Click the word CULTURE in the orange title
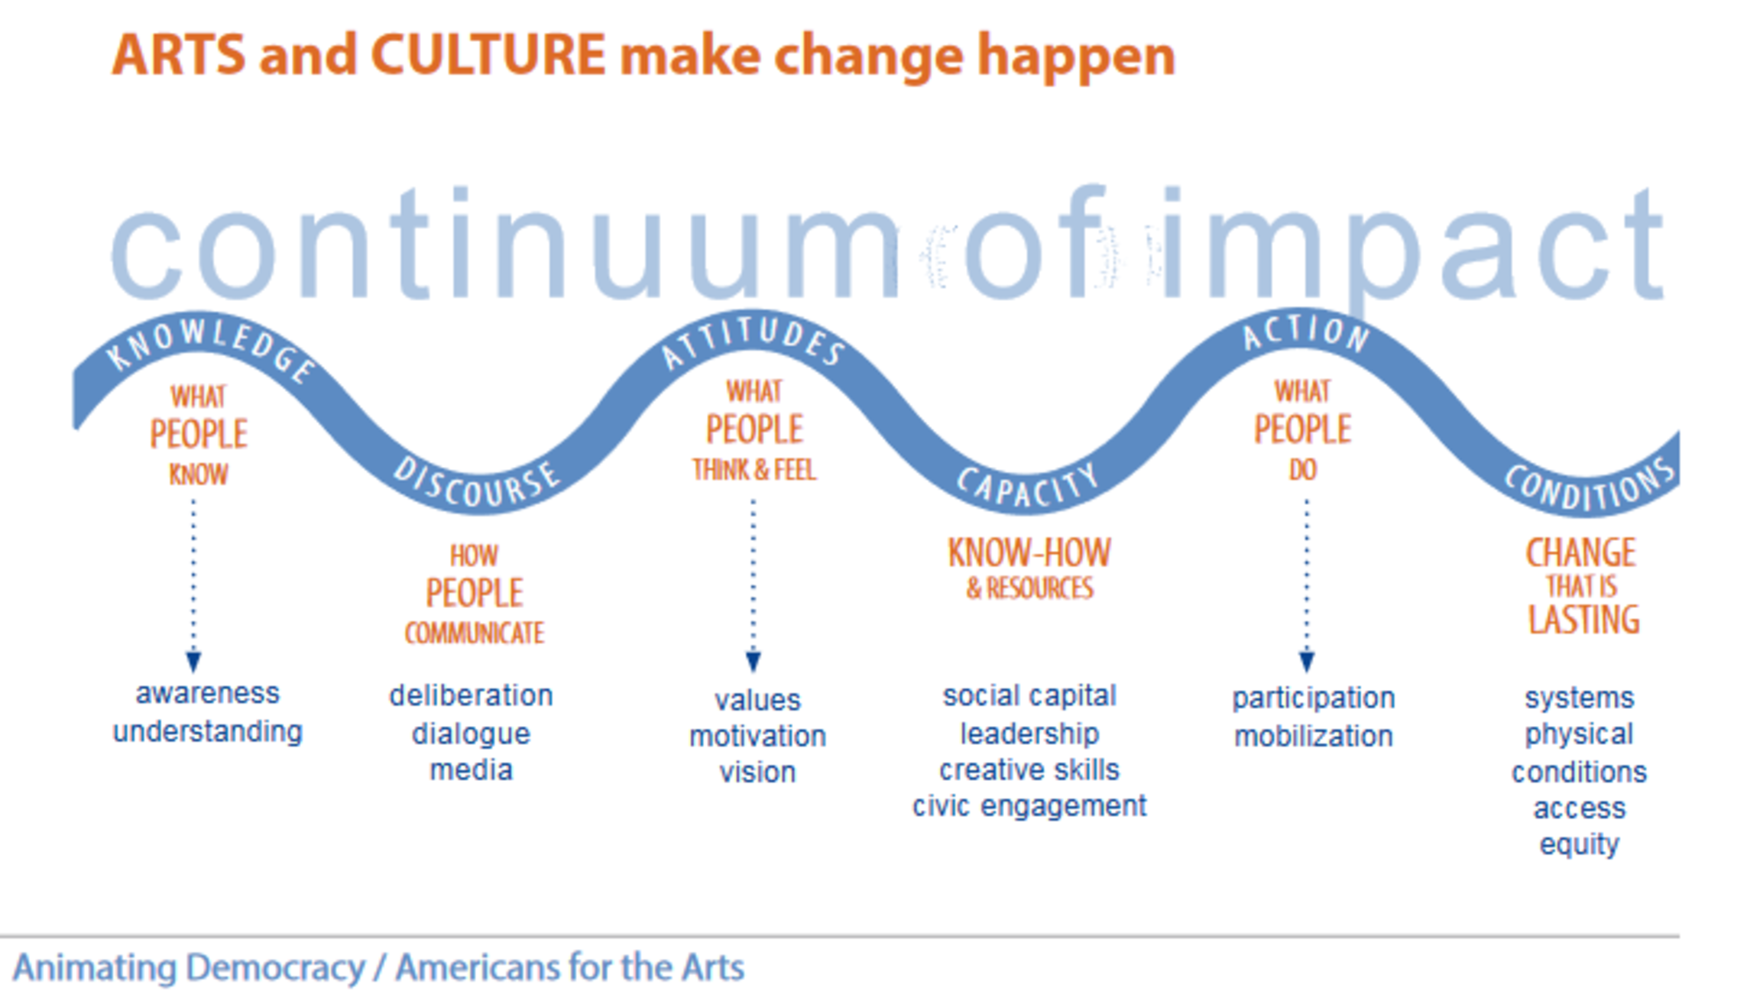(x=488, y=55)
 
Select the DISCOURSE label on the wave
(x=477, y=484)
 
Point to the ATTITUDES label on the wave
(x=753, y=341)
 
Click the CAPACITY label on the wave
(x=1028, y=487)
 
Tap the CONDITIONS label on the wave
(x=1590, y=486)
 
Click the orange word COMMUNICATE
(x=475, y=633)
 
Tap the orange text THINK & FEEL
(x=754, y=469)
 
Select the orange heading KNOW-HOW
(x=1029, y=552)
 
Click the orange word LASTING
(x=1583, y=619)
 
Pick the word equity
(x=1580, y=845)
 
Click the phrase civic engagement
(x=1029, y=806)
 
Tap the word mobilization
(x=1314, y=736)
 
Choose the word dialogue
(x=471, y=734)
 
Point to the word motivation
(x=757, y=736)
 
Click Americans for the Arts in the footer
(x=570, y=967)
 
